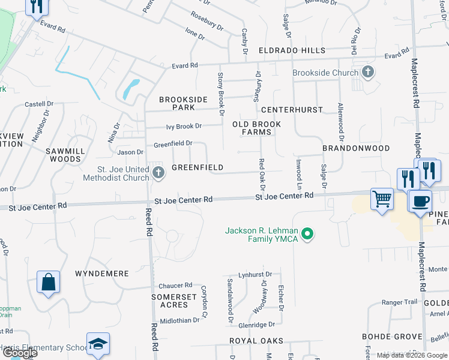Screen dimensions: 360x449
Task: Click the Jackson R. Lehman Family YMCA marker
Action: [308, 234]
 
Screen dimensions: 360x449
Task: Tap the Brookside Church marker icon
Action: [368, 73]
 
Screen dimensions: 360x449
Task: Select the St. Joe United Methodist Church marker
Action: [158, 173]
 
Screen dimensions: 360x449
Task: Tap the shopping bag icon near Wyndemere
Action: [48, 281]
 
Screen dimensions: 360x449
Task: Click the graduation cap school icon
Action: [98, 343]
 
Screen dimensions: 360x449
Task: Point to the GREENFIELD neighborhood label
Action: [197, 167]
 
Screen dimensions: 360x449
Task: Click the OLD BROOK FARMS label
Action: [256, 128]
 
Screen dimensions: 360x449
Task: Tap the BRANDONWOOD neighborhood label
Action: [356, 148]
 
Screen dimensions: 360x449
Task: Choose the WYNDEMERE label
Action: [102, 273]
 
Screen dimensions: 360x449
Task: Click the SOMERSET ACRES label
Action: [173, 301]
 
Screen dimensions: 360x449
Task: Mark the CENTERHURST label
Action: [292, 110]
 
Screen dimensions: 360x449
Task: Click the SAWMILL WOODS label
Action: [62, 155]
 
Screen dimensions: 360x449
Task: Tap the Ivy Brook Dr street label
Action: [184, 126]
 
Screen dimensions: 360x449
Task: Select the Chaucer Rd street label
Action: [175, 286]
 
